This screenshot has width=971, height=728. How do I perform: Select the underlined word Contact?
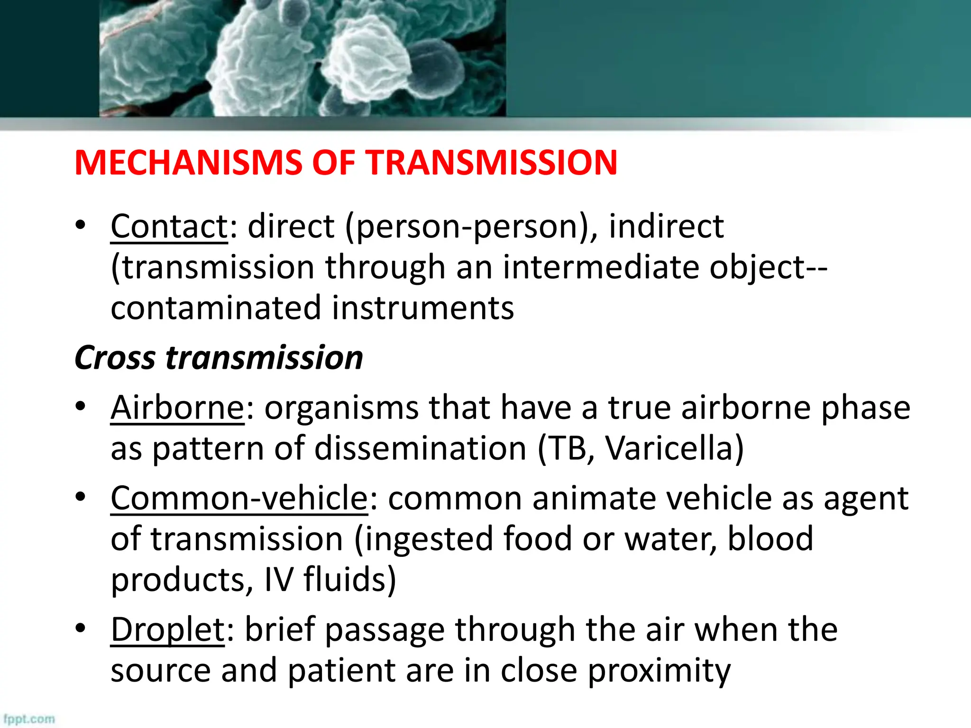(x=169, y=226)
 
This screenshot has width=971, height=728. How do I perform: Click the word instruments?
(x=422, y=308)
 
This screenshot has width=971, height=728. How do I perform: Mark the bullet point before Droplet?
(x=81, y=628)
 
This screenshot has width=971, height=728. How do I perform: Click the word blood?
(x=770, y=539)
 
